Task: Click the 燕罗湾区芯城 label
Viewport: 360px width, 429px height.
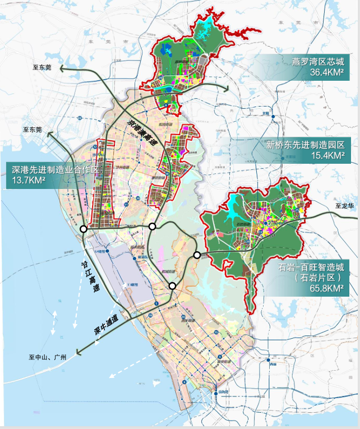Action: pyautogui.click(x=316, y=61)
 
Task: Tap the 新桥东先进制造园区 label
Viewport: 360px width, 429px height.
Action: pyautogui.click(x=306, y=145)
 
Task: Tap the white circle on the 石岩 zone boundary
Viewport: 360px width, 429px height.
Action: pyautogui.click(x=197, y=255)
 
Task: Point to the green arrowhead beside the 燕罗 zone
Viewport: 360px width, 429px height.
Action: pyautogui.click(x=227, y=89)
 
